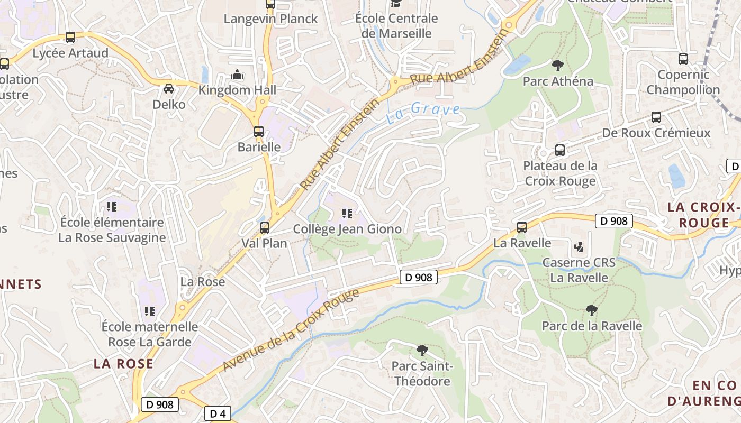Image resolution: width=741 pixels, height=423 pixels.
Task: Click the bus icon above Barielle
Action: pyautogui.click(x=258, y=132)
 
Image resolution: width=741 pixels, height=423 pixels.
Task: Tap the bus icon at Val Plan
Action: pyautogui.click(x=264, y=228)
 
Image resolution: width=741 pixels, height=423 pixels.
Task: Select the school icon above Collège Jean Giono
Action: pyautogui.click(x=347, y=214)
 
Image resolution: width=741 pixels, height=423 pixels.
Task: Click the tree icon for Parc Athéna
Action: pyautogui.click(x=557, y=66)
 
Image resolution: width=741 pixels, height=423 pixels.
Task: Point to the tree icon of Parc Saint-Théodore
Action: pyautogui.click(x=422, y=350)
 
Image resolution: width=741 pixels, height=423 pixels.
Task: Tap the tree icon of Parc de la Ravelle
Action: pyautogui.click(x=591, y=310)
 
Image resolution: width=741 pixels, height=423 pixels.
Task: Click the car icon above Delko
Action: pyautogui.click(x=169, y=89)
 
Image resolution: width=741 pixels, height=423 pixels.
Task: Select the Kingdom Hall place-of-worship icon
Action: pyautogui.click(x=237, y=75)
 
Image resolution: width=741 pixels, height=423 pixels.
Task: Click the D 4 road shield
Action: pyautogui.click(x=218, y=413)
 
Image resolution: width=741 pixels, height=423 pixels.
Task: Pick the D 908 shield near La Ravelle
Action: pyautogui.click(x=614, y=220)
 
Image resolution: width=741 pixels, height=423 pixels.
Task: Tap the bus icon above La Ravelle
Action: pyautogui.click(x=522, y=227)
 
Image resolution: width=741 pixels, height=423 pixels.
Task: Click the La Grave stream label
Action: pyautogui.click(x=423, y=112)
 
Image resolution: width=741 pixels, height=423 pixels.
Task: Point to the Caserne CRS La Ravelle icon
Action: pyautogui.click(x=579, y=246)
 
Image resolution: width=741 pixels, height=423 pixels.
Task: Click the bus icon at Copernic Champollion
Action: pyautogui.click(x=683, y=59)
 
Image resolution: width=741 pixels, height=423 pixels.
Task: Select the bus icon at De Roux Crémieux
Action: pyautogui.click(x=656, y=117)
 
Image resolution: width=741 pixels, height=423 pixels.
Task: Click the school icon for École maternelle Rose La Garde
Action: pyautogui.click(x=150, y=311)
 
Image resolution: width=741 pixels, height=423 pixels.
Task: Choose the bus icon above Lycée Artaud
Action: pyautogui.click(x=70, y=38)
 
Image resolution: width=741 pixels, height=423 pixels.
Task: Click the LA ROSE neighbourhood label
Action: pyautogui.click(x=123, y=364)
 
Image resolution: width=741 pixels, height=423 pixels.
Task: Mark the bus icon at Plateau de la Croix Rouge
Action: pyautogui.click(x=560, y=150)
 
